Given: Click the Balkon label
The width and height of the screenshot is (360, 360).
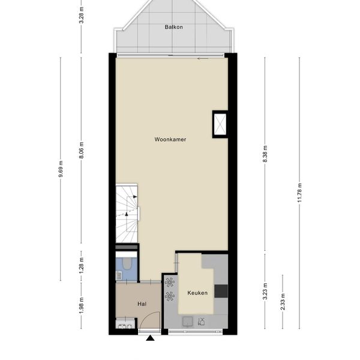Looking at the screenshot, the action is tap(174, 27).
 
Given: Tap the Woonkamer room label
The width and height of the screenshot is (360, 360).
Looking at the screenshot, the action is tap(170, 139).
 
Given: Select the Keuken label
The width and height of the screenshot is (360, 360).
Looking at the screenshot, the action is tap(197, 293).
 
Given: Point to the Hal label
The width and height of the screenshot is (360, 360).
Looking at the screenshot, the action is tap(142, 304).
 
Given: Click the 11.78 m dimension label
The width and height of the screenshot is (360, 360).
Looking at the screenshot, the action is tap(299, 193).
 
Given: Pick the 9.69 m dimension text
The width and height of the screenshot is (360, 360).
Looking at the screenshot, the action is tap(61, 169).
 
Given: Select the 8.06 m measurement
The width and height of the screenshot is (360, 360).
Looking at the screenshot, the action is tap(81, 150).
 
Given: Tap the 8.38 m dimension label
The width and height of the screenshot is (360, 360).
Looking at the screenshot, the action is tap(265, 154).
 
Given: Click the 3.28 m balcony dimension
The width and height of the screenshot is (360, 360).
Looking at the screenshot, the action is tap(81, 15).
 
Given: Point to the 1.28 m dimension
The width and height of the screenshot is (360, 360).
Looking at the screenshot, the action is tap(81, 265).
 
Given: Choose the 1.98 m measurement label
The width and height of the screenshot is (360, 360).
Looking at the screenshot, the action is tap(81, 305).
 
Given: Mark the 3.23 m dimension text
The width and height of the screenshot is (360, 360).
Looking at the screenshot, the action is tap(265, 291).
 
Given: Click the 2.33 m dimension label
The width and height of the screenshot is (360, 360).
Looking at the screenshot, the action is tap(283, 302).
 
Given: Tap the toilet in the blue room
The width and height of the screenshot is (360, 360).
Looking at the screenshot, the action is tap(127, 263).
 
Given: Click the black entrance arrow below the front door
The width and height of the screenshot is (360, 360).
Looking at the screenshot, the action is tap(151, 338).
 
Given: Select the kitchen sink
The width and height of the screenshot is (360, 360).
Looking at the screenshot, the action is tap(188, 322).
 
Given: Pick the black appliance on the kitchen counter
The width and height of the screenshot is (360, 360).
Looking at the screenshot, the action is tap(221, 291).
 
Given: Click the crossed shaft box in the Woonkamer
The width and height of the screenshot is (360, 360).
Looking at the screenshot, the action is tap(220, 124).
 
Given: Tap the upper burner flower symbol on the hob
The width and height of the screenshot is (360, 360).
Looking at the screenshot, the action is tap(169, 283).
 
